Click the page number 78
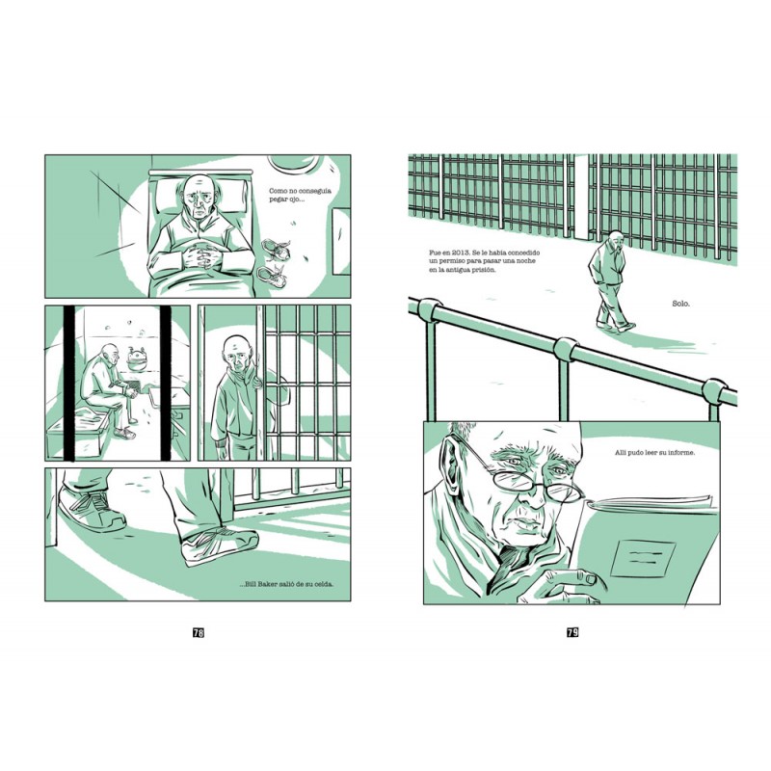click(199, 633)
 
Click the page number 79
click(572, 632)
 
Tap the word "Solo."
click(680, 304)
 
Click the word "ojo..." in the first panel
click(295, 199)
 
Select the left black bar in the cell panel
click(69, 383)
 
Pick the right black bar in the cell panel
click(166, 383)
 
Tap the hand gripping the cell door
click(256, 377)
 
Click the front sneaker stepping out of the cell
click(220, 545)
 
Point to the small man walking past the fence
click(611, 280)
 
